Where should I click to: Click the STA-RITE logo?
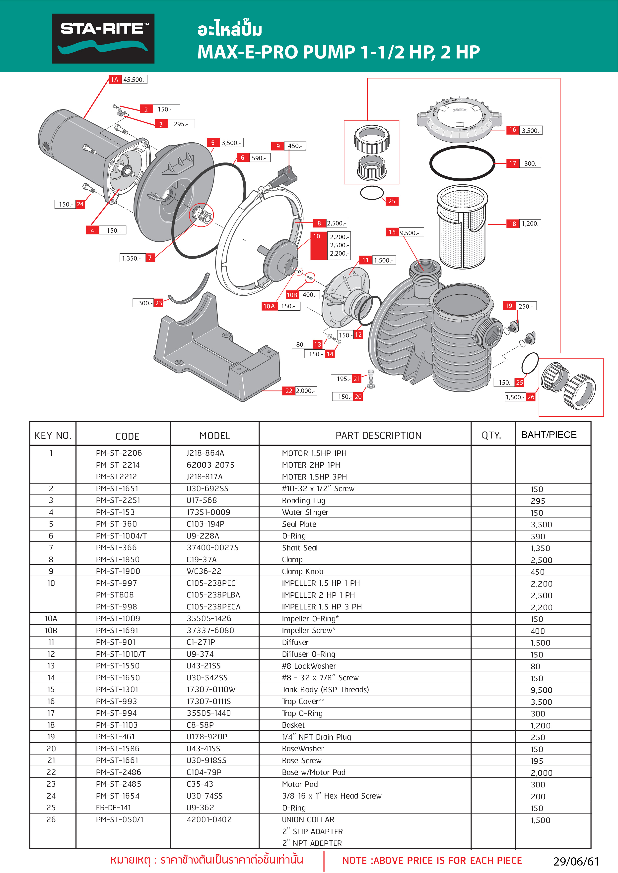(103, 38)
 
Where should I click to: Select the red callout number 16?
(513, 130)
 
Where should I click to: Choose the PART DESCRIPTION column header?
(378, 435)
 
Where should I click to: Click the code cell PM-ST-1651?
(117, 489)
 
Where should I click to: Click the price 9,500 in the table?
(541, 690)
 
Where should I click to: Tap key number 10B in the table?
(51, 630)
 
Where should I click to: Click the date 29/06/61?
(576, 861)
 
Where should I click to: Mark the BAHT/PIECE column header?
(549, 435)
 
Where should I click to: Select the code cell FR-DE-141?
(113, 808)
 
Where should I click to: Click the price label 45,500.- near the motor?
(134, 79)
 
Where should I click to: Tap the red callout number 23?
(158, 303)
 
